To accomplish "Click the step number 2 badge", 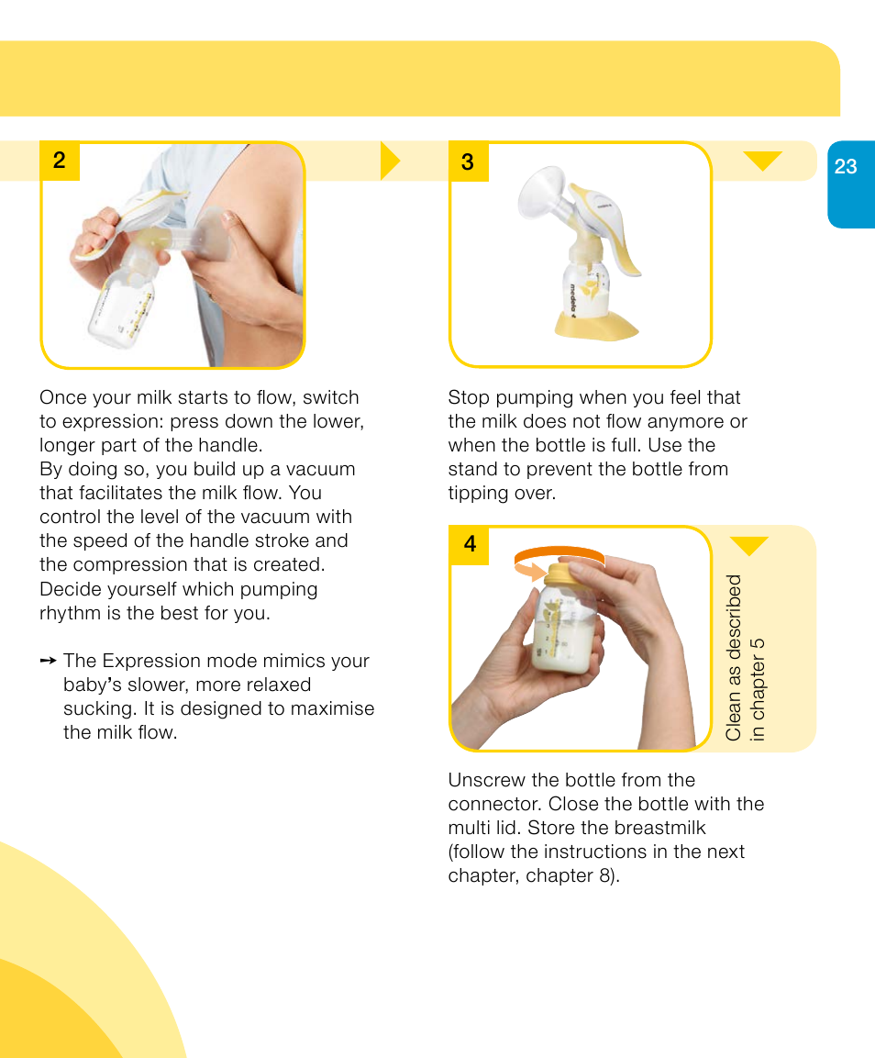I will point(60,161).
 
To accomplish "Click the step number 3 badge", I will point(468,161).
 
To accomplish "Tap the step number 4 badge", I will point(470,544).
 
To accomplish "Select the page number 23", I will point(846,166).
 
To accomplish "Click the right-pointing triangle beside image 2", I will point(391,161).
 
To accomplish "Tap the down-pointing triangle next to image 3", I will point(762,161).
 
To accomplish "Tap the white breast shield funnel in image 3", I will point(540,197).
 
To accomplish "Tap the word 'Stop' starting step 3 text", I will point(468,398).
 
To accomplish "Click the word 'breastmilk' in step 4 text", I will point(659,829).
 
